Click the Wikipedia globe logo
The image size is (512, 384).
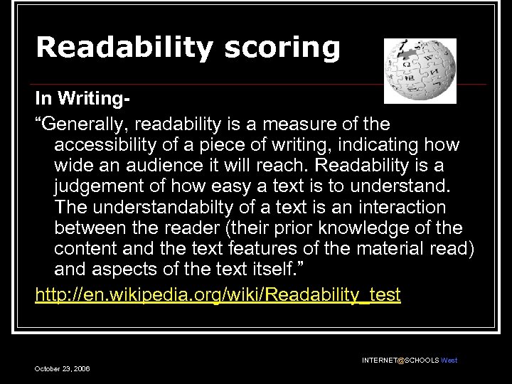coord(420,70)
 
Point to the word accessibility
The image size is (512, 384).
coord(113,145)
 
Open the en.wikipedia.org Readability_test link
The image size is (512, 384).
coord(218,295)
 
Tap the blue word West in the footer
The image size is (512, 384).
coord(449,361)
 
